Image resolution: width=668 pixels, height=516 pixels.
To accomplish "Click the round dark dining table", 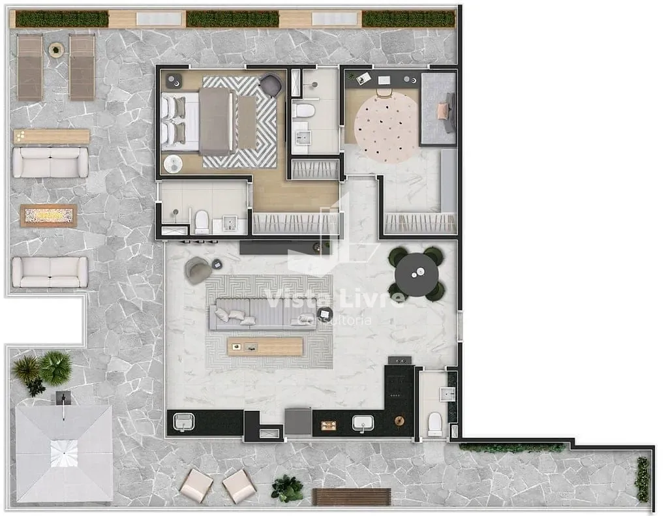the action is coord(416,275).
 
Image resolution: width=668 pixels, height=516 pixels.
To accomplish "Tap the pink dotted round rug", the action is coord(386,128).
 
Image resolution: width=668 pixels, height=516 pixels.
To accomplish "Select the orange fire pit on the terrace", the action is coord(49,216).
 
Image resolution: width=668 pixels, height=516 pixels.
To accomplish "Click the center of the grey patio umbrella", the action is coord(64,453).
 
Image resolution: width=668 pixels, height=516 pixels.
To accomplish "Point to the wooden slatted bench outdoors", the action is coord(352,497).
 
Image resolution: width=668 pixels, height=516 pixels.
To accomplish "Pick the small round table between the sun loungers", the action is coord(55,50).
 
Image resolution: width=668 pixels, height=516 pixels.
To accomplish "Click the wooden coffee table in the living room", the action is coord(265,346).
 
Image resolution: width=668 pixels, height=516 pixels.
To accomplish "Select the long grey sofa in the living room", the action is coord(263,314).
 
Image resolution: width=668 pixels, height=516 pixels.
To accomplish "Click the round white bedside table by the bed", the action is coord(173,164).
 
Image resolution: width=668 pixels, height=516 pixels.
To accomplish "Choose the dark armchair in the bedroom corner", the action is coord(271,85).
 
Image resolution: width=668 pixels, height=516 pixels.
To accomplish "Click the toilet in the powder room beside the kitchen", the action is coord(435,423).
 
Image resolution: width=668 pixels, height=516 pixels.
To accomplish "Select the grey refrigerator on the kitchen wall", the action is coord(298,421).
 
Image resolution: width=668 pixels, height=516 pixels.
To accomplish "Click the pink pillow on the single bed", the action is coord(442,111).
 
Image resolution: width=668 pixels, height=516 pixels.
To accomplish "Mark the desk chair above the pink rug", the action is coord(384,93).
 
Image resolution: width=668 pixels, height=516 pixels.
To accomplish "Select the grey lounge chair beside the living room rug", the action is coord(198,270).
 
